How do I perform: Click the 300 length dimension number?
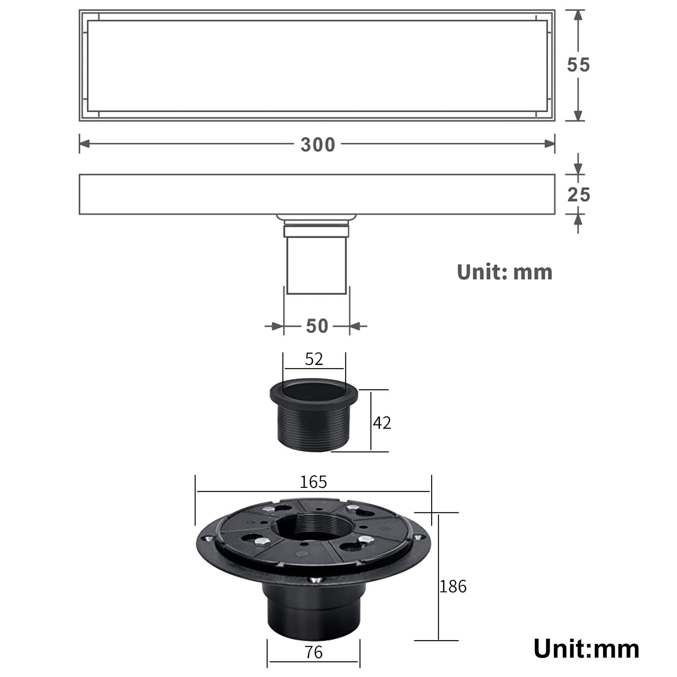(318, 145)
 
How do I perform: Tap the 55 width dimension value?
(578, 65)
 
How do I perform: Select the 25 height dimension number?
(578, 195)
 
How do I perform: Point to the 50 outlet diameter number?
(317, 326)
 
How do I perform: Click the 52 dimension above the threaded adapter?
(314, 359)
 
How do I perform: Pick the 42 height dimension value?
(382, 423)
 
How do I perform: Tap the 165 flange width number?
(313, 482)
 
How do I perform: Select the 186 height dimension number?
(453, 586)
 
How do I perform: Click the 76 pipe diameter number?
(314, 652)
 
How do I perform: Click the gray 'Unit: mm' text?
(504, 272)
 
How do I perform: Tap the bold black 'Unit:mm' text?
(586, 649)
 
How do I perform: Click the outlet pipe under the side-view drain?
(316, 264)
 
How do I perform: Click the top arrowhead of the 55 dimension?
(578, 15)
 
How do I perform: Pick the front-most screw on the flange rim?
(314, 581)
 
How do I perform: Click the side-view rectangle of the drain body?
(316, 194)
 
